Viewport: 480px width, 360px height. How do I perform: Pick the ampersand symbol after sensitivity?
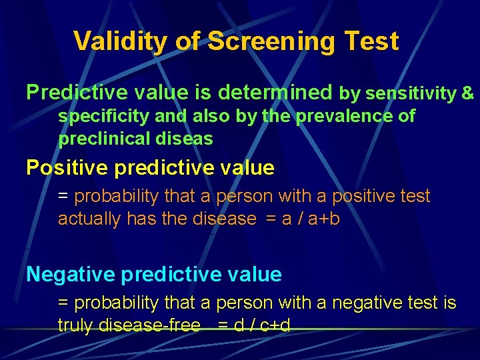click(468, 93)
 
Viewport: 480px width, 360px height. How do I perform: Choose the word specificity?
click(103, 117)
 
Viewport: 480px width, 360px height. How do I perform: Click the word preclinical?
click(105, 139)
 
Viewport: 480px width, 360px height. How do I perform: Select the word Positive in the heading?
click(67, 167)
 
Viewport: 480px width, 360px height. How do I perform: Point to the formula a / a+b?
click(310, 219)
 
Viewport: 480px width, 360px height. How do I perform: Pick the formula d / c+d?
click(261, 325)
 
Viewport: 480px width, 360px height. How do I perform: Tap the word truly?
click(75, 325)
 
